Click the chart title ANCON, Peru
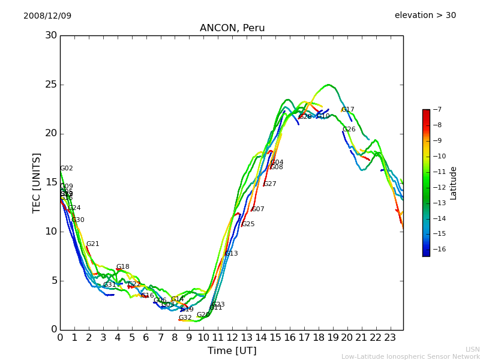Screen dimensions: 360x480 [232, 28]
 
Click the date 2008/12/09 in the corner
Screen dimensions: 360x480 [47, 16]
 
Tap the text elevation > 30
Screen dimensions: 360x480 [425, 16]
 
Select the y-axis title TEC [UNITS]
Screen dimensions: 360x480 [37, 182]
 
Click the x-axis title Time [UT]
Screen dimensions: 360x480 [232, 350]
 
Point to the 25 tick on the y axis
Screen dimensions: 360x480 [51, 85]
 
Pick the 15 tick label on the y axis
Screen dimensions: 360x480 [51, 182]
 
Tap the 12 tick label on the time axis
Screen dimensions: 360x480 [232, 338]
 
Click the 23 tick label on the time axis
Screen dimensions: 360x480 [390, 338]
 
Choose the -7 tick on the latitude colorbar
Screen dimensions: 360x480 [436, 109]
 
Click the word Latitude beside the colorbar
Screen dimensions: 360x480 [454, 182]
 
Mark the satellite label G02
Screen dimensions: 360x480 [67, 169]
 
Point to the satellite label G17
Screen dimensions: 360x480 [348, 110]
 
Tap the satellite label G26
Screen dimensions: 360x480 [349, 130]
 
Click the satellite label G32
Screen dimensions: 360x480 [185, 318]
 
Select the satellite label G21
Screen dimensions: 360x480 [93, 244]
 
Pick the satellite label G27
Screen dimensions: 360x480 [270, 184]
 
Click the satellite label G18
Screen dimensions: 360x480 [123, 267]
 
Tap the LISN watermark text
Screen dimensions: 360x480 [472, 349]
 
